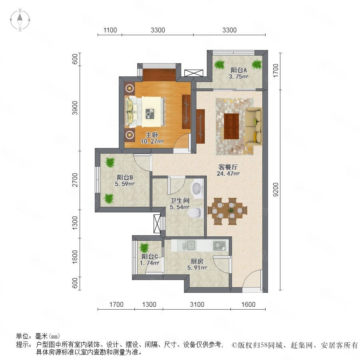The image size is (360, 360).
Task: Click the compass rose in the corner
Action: click(20, 20)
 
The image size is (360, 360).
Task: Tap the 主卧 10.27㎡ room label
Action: click(152, 138)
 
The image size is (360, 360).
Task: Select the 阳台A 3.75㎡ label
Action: click(238, 74)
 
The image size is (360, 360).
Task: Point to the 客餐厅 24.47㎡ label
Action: click(228, 170)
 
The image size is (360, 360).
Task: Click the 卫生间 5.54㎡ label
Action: click(180, 204)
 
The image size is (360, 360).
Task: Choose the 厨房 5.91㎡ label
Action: click(197, 264)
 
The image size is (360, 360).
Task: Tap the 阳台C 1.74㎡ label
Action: click(150, 260)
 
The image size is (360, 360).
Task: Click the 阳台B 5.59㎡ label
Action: click(124, 180)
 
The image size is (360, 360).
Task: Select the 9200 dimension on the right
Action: click(276, 190)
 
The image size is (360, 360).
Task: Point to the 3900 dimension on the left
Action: click(75, 108)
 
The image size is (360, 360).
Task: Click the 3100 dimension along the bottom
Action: click(197, 304)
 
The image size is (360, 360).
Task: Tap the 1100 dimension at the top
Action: click(110, 30)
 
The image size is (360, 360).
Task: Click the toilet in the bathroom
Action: click(195, 213)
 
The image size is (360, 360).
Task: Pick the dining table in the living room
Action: click(227, 211)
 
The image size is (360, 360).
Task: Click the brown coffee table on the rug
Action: click(232, 126)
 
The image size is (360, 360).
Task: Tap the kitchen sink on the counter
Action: click(189, 246)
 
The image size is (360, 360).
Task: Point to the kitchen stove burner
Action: click(219, 246)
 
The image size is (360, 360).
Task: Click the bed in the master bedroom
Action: click(145, 112)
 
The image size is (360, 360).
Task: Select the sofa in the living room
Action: click(253, 126)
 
